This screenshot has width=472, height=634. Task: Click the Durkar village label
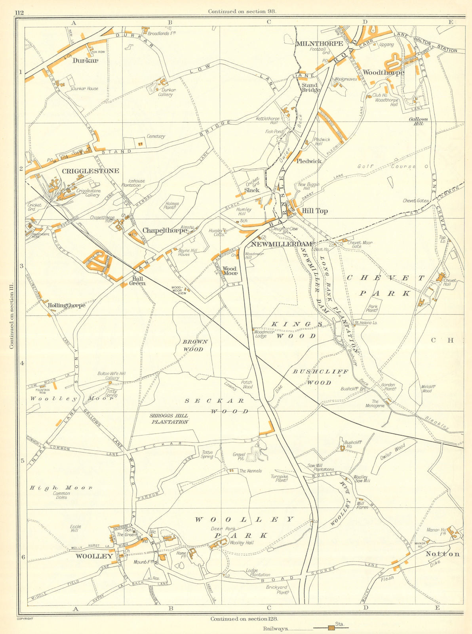[85, 61]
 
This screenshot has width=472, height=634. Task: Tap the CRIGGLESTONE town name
[90, 171]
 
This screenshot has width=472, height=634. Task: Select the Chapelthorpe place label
[164, 230]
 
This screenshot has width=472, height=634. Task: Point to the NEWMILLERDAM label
[282, 244]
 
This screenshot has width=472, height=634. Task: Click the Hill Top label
[315, 211]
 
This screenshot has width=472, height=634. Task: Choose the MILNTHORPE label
[319, 44]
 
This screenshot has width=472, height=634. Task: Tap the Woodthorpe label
[383, 73]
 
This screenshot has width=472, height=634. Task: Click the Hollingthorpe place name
[66, 306]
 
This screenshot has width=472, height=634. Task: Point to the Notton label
[443, 554]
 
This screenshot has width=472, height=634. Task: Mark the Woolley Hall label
[240, 542]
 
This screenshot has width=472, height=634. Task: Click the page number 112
[19, 13]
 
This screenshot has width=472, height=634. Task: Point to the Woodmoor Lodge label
[266, 334]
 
